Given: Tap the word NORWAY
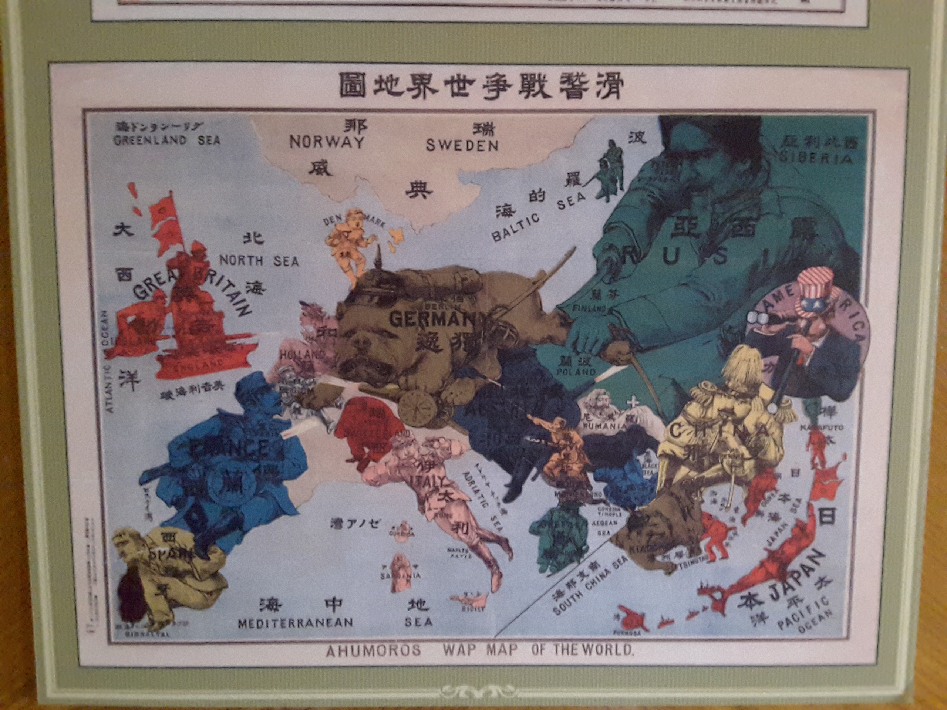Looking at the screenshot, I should (x=327, y=142).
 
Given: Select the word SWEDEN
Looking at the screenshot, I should (x=462, y=145).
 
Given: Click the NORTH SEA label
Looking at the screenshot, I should (x=259, y=261).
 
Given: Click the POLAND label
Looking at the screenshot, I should (x=576, y=372).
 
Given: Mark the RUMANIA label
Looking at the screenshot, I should (x=604, y=426).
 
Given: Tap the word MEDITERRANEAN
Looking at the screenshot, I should (x=296, y=623).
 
